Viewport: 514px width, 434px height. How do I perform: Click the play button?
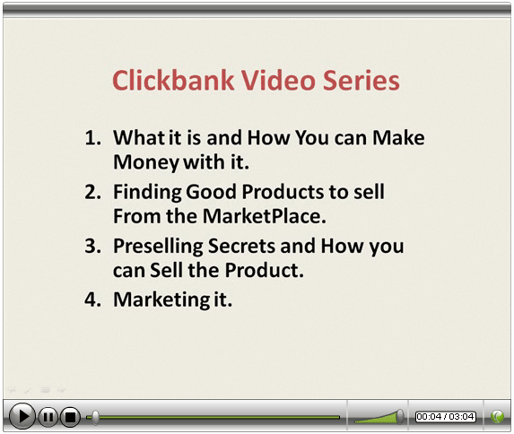click(x=22, y=416)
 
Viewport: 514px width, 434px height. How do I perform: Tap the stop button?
click(x=70, y=417)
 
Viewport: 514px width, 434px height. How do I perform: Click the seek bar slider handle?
click(x=95, y=417)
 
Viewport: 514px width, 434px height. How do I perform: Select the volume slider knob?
click(x=400, y=417)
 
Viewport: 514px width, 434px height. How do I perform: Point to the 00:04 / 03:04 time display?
click(x=446, y=417)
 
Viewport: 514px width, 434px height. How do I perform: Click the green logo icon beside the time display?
click(x=497, y=417)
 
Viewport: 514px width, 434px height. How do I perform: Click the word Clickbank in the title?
click(x=173, y=80)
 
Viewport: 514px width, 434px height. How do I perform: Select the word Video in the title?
click(x=279, y=80)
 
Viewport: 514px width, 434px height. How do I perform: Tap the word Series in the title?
click(x=362, y=80)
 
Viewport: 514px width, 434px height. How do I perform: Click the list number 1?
click(x=92, y=137)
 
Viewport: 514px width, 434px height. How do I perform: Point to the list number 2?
click(x=92, y=191)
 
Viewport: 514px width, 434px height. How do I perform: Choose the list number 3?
click(x=92, y=246)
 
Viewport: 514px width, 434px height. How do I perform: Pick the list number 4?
click(x=92, y=299)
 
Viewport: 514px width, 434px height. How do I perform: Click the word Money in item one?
click(x=146, y=163)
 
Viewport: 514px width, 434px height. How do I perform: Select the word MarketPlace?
click(x=265, y=216)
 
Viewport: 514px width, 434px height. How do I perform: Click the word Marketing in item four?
click(x=161, y=300)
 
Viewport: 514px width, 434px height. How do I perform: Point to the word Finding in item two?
click(x=147, y=193)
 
